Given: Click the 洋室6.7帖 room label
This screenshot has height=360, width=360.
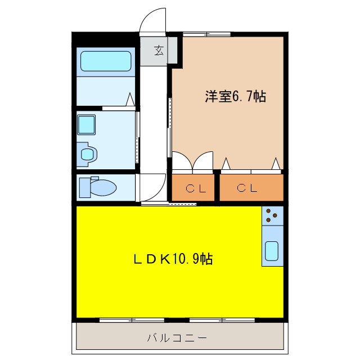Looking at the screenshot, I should [235, 96].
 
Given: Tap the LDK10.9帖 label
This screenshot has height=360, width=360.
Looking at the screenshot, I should [172, 259].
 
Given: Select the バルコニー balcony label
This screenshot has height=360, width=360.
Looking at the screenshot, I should [177, 338].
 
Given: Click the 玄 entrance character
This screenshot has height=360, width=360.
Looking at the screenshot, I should [159, 51].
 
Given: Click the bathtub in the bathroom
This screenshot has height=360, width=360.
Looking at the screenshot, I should [106, 61].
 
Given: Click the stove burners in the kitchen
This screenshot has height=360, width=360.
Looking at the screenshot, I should [272, 214].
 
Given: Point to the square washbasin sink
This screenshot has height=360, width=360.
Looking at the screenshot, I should [86, 123].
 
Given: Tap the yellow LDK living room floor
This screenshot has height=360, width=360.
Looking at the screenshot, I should [169, 287].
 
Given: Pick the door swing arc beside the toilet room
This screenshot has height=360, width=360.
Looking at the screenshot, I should [153, 186].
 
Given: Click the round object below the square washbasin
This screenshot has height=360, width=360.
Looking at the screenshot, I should [87, 154].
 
